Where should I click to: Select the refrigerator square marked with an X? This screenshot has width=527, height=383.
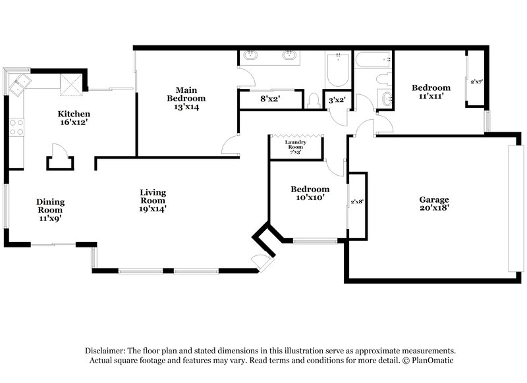point(70,82)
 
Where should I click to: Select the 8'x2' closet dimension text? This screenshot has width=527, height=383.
point(271,99)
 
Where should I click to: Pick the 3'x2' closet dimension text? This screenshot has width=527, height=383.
point(337,100)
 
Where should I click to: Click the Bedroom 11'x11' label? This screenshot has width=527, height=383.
point(431,91)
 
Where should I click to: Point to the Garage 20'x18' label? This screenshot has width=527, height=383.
point(434,203)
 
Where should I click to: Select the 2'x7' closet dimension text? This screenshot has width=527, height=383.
point(476,82)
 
